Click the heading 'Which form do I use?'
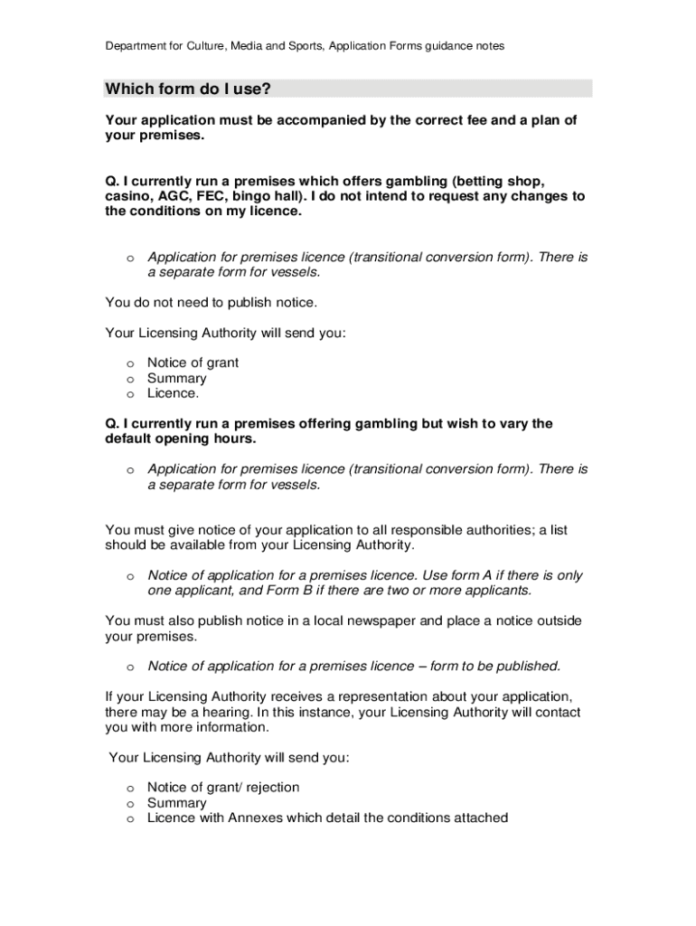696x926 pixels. click(188, 89)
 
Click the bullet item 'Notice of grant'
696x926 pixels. click(193, 363)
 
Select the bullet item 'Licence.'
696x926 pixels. click(173, 393)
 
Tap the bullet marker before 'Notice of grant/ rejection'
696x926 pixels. click(130, 789)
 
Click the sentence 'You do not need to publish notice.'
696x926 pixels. click(212, 302)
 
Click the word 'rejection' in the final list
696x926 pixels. click(269, 788)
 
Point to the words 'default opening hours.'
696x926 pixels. click(181, 439)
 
